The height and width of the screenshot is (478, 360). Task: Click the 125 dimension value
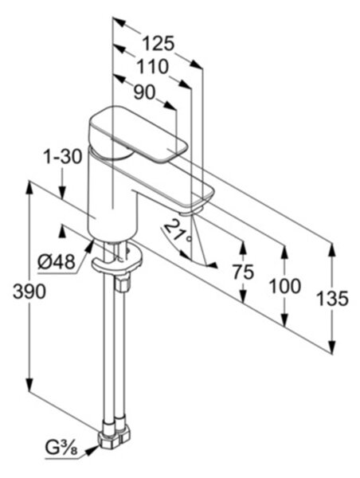[158, 43]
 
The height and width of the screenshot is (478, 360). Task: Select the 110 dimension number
[152, 67]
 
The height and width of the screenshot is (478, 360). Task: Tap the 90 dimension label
[144, 92]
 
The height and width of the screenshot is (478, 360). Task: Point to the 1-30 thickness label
[62, 157]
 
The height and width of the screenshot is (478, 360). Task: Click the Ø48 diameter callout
[57, 262]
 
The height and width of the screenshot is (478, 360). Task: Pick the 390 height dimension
[29, 292]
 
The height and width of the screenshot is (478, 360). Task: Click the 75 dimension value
[243, 272]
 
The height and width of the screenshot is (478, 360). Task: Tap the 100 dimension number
[285, 287]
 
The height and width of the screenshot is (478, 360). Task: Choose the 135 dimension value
[332, 299]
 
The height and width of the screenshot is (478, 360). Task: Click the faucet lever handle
[137, 134]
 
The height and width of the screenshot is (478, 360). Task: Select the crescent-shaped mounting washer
[117, 261]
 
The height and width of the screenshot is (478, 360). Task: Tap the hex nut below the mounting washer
[123, 283]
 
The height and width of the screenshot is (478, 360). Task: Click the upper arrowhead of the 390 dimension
[29, 187]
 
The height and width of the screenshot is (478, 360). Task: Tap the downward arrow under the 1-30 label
[62, 192]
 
